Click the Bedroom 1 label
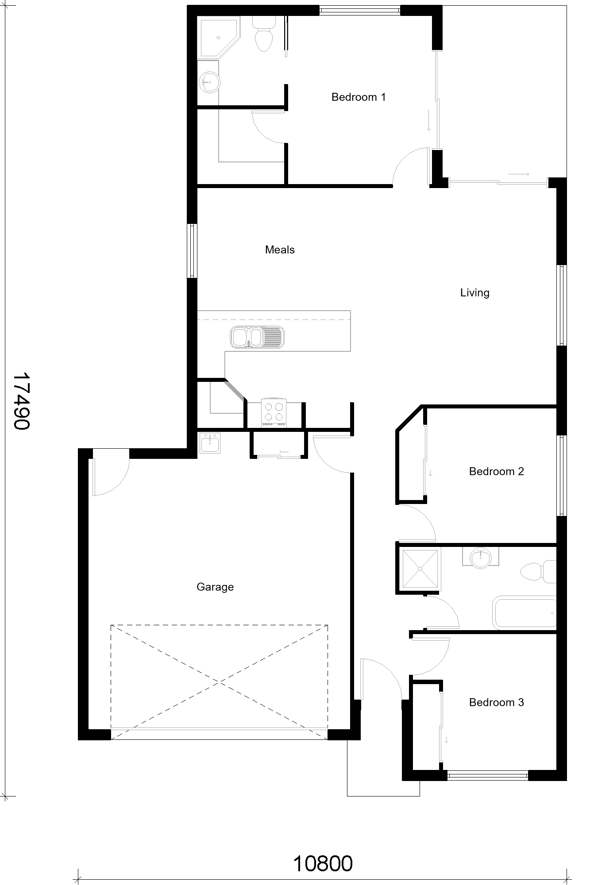[359, 97]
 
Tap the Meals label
[280, 250]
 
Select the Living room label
[474, 293]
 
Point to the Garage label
[215, 587]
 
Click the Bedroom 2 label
[496, 471]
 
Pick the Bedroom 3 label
[496, 702]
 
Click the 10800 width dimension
[323, 863]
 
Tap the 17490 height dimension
[21, 400]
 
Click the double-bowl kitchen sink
[257, 337]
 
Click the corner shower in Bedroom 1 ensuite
[219, 37]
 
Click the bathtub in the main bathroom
[524, 613]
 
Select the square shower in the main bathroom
[419, 569]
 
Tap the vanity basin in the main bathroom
[481, 557]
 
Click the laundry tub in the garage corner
[210, 443]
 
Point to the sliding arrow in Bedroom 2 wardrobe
[431, 473]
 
